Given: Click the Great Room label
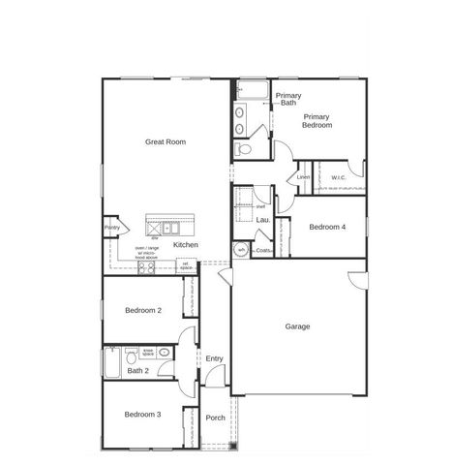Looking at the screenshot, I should tap(166, 141).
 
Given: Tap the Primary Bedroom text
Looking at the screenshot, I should tap(317, 121).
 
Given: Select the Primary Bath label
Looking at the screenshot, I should tap(288, 99).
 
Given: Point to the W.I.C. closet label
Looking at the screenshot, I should tap(339, 177).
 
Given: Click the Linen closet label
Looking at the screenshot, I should tap(303, 177).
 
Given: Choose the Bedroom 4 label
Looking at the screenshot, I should tap(326, 227).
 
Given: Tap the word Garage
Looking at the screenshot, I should tap(297, 326).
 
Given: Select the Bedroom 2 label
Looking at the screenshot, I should tap(143, 310).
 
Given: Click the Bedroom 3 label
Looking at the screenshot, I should tap(143, 415).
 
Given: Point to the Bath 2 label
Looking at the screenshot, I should tap(138, 370).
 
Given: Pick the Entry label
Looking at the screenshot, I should tap(215, 359).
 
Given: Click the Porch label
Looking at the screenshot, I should tap(216, 418).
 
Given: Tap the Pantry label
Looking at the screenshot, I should tap(112, 229).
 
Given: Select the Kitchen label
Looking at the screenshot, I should tap(186, 245).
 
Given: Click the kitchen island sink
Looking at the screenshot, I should tap(169, 229).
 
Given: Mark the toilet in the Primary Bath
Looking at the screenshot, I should tap(243, 150).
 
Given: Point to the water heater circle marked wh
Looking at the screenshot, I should tap(241, 250).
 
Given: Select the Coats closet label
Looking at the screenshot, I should tap(263, 251).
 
